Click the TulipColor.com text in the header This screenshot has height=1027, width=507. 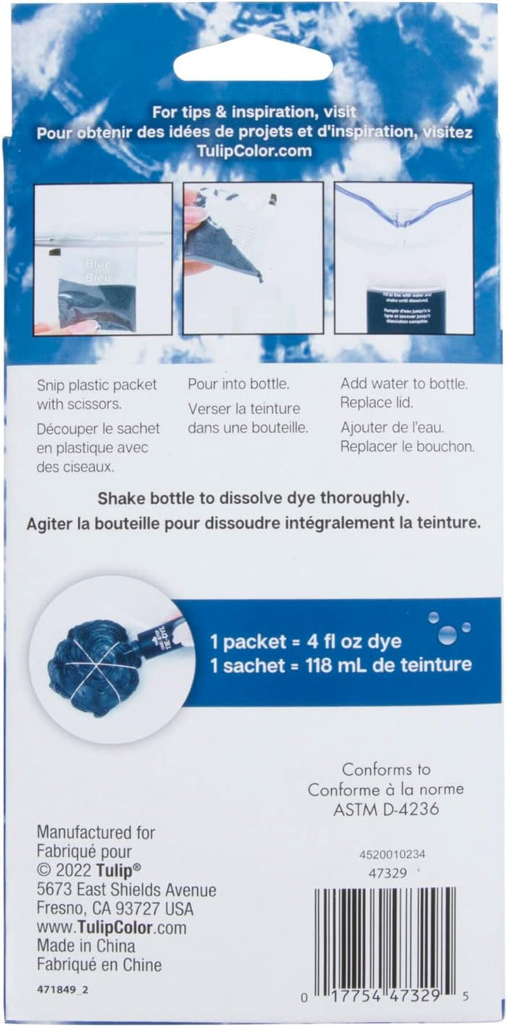tap(253, 151)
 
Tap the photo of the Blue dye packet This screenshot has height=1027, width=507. tap(103, 259)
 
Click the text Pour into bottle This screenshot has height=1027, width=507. tap(238, 384)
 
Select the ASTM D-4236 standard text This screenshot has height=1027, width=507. tap(386, 809)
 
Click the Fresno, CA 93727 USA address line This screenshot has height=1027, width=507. tap(115, 908)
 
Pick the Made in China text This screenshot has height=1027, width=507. tap(86, 946)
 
